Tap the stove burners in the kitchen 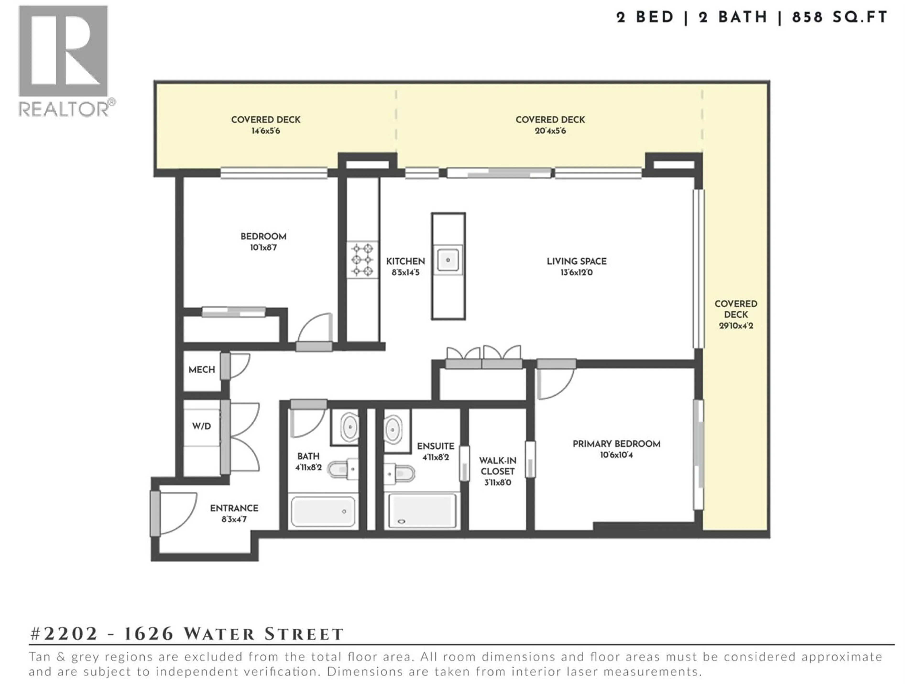(x=362, y=260)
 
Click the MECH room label (x=202, y=370)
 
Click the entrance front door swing (x=176, y=513)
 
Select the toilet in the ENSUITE (x=400, y=473)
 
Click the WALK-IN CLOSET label (x=497, y=466)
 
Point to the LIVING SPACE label (x=576, y=261)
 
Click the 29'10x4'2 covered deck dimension (x=736, y=326)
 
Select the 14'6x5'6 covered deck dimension (x=266, y=131)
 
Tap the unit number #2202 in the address (x=64, y=634)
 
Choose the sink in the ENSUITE (x=393, y=429)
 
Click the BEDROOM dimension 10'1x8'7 (x=263, y=247)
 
